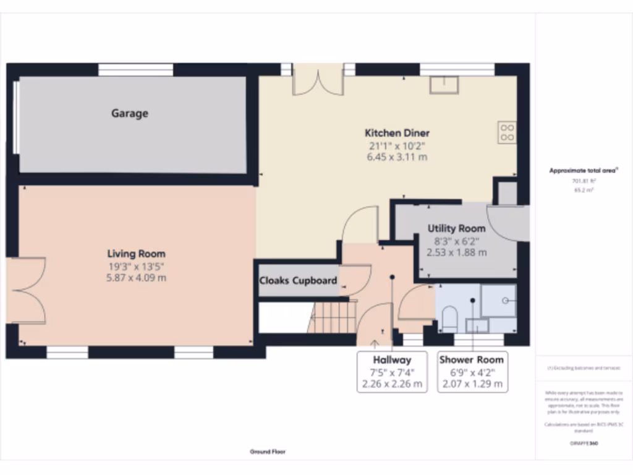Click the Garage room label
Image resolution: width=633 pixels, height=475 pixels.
(x=130, y=114)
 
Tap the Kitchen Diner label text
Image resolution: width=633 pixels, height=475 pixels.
(x=397, y=133)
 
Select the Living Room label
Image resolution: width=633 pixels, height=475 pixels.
(x=136, y=254)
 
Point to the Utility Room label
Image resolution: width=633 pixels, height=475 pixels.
(x=456, y=228)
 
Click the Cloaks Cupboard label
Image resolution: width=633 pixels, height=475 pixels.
(x=298, y=281)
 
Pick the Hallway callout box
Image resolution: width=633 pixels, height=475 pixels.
(x=392, y=372)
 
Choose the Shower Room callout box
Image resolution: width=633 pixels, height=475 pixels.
(x=472, y=372)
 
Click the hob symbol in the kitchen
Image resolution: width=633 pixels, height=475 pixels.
(x=507, y=132)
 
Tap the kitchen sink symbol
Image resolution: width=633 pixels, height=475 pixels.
(x=445, y=84)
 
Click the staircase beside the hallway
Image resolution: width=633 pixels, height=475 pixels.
(x=333, y=317)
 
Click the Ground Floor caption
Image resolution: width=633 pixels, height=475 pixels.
(x=268, y=452)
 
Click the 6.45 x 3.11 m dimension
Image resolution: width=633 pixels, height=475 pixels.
(x=397, y=157)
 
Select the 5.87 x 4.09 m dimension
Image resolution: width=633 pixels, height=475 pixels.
(x=136, y=278)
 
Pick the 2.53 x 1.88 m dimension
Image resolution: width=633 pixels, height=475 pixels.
(x=456, y=252)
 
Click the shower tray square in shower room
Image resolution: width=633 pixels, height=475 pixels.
(x=498, y=300)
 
